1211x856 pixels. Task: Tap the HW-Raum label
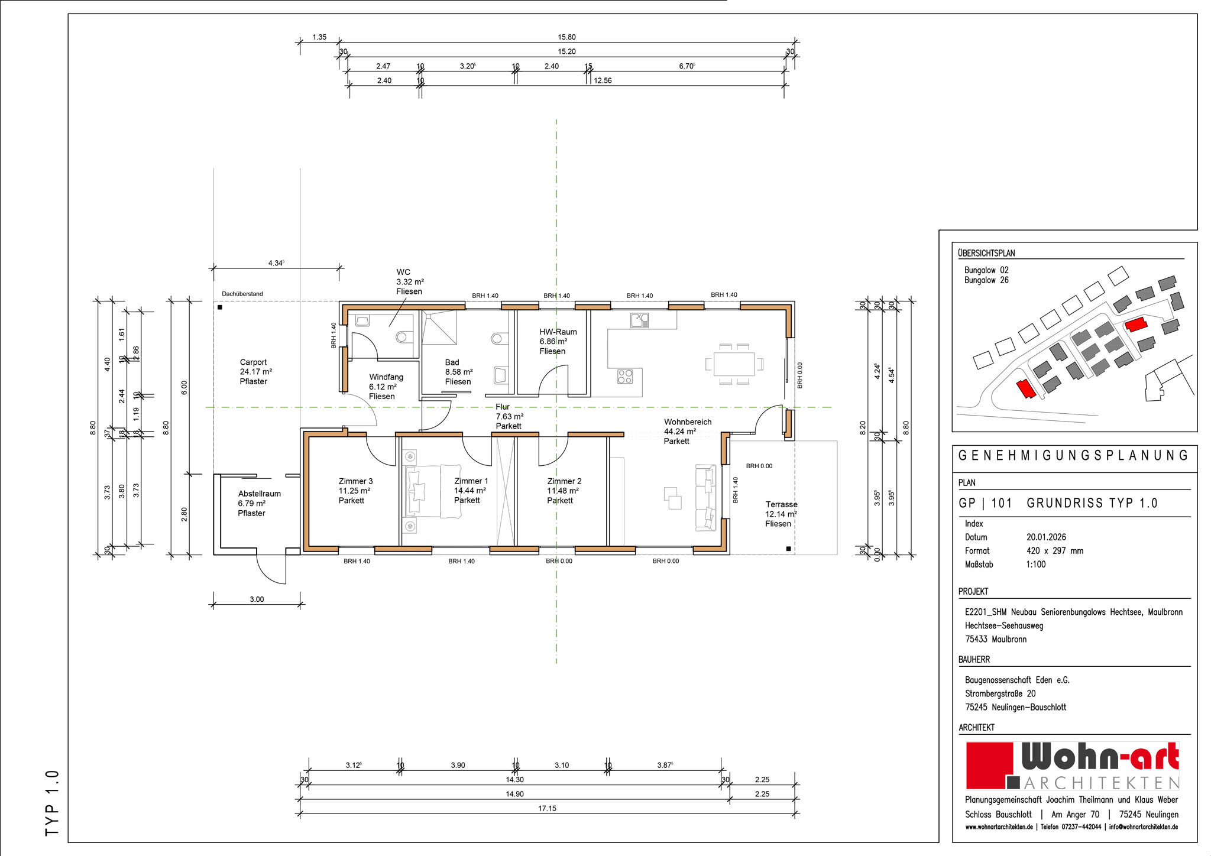[x=558, y=332]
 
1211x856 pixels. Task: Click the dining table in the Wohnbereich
[x=734, y=364]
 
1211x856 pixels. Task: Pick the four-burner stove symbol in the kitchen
[x=625, y=376]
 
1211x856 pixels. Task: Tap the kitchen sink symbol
[x=639, y=320]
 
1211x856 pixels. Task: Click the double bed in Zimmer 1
[x=432, y=491]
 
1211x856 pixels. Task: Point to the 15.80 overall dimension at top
[x=566, y=37]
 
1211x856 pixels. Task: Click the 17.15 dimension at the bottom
[x=547, y=808]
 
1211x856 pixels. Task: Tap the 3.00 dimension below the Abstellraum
[x=257, y=599]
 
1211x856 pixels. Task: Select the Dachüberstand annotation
[x=242, y=294]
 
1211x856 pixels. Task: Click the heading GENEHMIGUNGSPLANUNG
[x=1073, y=455]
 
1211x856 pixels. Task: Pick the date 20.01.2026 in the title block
[x=1046, y=537]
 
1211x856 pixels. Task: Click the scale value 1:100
[x=1036, y=565]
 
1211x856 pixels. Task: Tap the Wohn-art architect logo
[x=1073, y=766]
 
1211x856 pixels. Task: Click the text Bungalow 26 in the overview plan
[x=986, y=280]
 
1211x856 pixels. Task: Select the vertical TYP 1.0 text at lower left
[x=52, y=803]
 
